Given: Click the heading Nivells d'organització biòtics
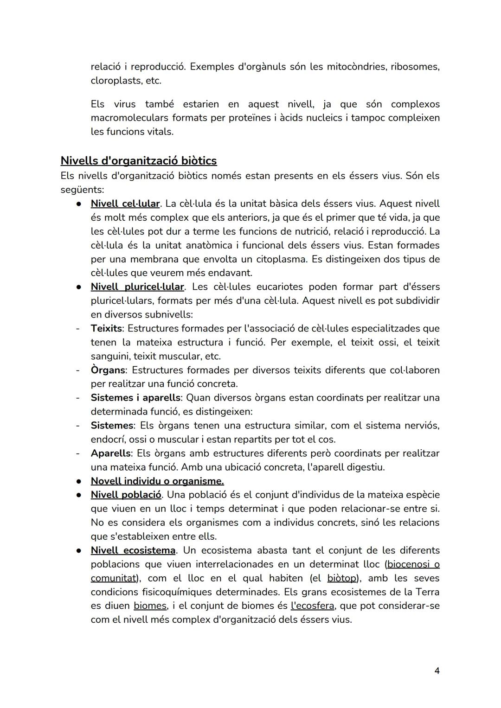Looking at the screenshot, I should point(138,161).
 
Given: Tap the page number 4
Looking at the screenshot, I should point(437,670).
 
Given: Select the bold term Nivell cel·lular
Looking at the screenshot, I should point(125,204).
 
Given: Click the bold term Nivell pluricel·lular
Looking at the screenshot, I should point(137,287).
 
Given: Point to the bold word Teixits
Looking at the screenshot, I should point(106,328).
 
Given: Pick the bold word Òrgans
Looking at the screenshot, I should point(108,370).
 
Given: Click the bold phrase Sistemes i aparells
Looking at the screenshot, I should point(135,398).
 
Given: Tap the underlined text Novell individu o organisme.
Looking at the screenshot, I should point(157,481).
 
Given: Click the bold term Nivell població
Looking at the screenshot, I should point(126,495).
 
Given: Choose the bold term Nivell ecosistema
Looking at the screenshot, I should point(133,550).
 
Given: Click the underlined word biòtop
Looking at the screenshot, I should point(341,578).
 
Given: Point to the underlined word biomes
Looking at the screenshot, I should point(150,606).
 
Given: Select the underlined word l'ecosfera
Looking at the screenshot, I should point(312,606).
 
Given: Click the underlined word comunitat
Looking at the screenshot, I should point(113,578).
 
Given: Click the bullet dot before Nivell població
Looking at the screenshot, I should point(79,495).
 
